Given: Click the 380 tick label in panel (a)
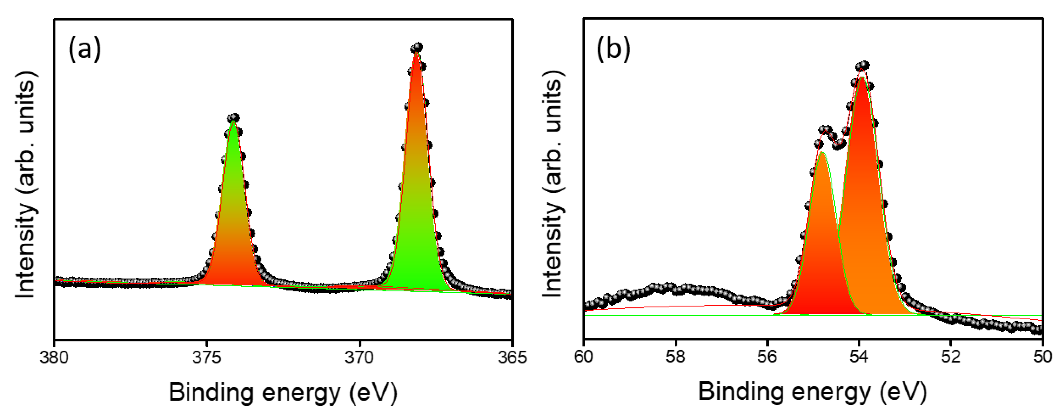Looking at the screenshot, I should click(x=54, y=357).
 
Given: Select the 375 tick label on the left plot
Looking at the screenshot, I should click(x=207, y=357).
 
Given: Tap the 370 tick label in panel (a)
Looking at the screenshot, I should click(x=359, y=357).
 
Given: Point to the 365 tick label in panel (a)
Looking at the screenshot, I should click(x=512, y=357).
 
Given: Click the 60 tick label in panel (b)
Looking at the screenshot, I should click(x=584, y=357).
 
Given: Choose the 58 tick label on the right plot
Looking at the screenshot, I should click(x=675, y=357).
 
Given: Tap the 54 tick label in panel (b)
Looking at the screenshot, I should click(x=859, y=357).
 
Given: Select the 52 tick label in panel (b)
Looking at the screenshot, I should click(x=951, y=357).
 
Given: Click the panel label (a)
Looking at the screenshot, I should click(x=84, y=48).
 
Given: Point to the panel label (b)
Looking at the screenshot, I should click(x=613, y=48).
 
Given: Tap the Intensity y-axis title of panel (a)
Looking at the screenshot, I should click(x=25, y=185).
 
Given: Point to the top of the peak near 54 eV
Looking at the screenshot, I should click(x=862, y=66).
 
